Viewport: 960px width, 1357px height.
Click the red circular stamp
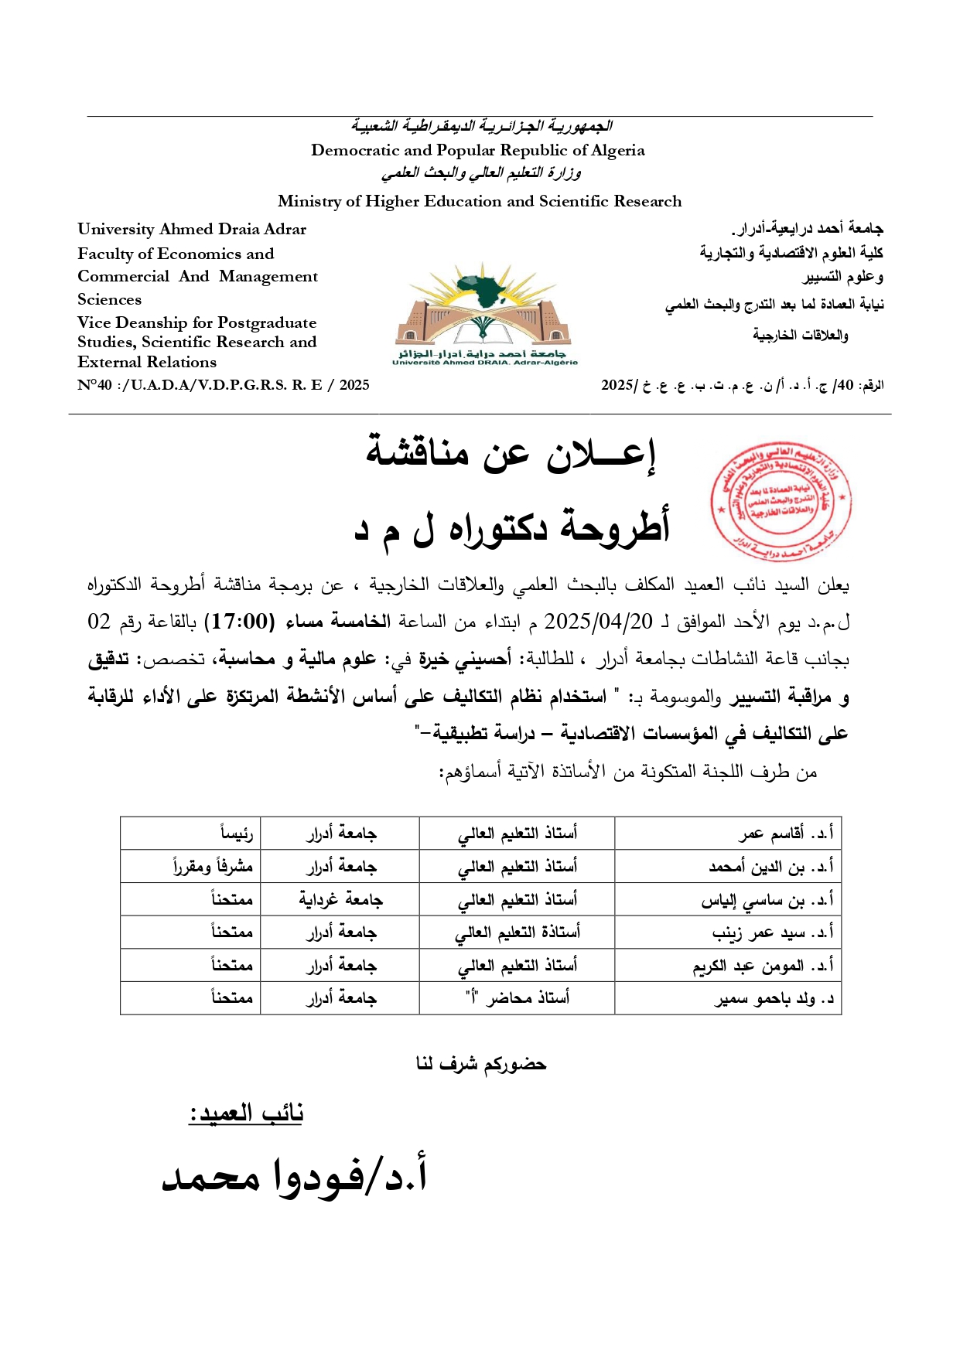coord(781,503)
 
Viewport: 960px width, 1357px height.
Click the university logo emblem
coord(485,313)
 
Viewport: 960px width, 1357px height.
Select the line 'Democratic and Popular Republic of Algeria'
coord(477,150)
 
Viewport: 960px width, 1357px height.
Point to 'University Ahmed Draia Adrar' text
coord(192,230)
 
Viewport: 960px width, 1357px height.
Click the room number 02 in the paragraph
coord(99,622)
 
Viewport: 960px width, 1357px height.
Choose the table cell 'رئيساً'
coord(236,834)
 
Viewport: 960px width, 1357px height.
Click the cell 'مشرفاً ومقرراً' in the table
coord(214,867)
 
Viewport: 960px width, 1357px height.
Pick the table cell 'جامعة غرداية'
coord(340,899)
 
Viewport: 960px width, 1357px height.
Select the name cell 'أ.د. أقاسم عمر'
coord(785,834)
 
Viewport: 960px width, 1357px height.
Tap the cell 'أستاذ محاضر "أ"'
coord(517,998)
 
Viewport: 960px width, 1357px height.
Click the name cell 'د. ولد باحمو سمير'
coord(774,998)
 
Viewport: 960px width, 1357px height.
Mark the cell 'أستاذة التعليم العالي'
coord(517,933)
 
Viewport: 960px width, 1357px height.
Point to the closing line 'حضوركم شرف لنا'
coord(480,1065)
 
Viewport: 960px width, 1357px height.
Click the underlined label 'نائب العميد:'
coord(246,1113)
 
